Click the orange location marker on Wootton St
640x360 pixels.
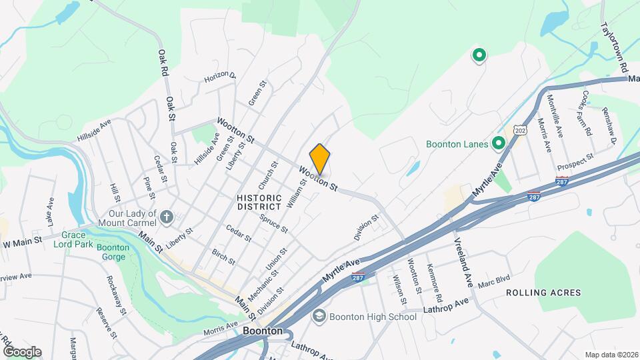(x=320, y=158)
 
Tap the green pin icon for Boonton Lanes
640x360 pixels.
(x=498, y=143)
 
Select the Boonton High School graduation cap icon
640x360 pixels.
(x=319, y=316)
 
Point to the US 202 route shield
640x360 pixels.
(x=520, y=130)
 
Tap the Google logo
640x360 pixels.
(x=22, y=352)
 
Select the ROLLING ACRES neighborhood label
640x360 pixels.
(x=543, y=293)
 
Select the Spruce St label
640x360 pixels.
(x=273, y=223)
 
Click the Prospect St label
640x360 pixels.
(x=576, y=161)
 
